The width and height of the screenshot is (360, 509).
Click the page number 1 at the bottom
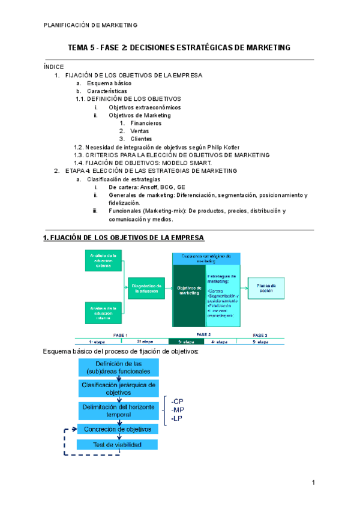point(313,483)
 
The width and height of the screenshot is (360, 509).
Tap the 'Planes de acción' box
point(266,288)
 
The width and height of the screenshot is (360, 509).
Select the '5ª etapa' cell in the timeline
point(260,342)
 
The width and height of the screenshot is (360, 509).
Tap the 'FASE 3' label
point(260,334)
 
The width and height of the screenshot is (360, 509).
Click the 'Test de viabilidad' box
point(118,445)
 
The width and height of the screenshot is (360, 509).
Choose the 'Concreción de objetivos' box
point(118,429)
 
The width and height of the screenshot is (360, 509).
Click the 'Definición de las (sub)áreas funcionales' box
point(118,368)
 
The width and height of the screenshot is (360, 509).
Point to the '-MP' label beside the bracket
point(177,409)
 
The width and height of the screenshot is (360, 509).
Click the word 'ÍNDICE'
point(53,67)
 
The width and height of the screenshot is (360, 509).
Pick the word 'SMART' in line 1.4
point(199,163)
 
